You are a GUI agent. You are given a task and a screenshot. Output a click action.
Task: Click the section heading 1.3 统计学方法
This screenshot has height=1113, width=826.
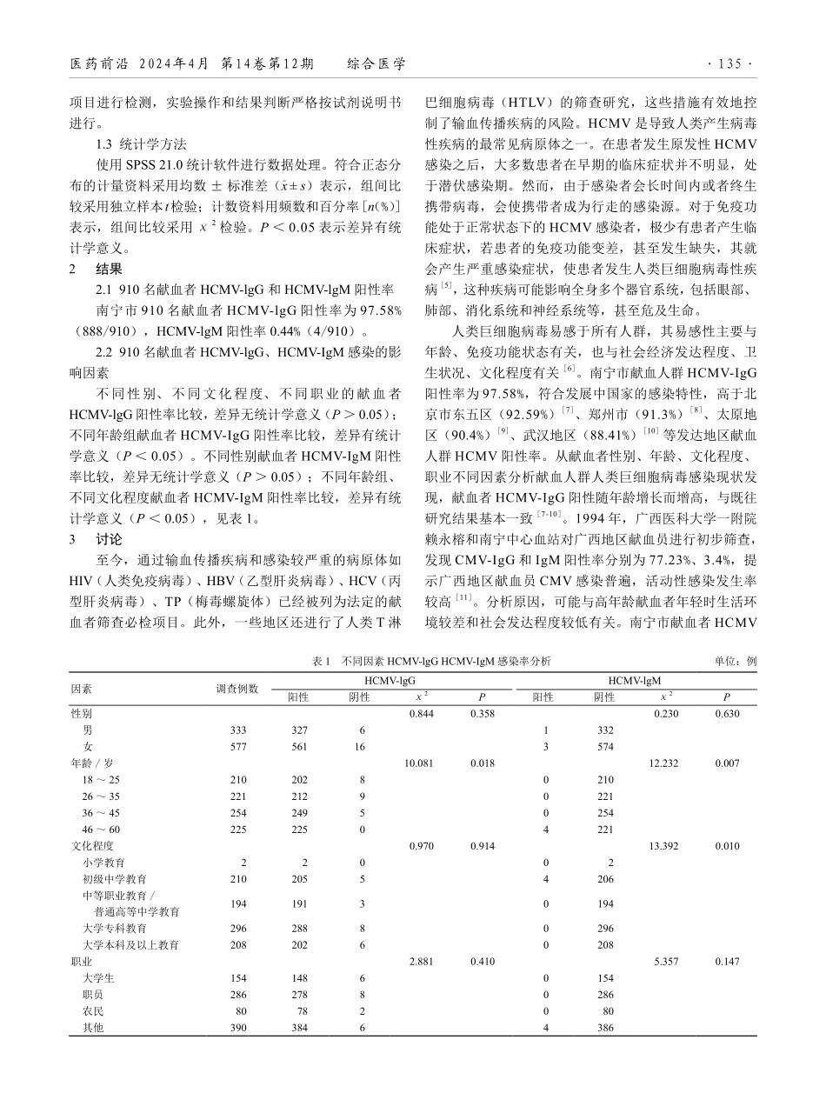point(142,144)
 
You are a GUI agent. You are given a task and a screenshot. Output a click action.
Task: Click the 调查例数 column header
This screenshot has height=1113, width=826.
point(237,689)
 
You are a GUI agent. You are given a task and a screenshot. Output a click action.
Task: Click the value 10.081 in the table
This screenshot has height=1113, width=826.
point(419,763)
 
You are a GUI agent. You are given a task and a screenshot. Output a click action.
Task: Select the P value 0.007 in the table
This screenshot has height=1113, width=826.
point(725,763)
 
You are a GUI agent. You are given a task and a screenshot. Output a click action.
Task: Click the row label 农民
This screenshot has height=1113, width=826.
point(93,1011)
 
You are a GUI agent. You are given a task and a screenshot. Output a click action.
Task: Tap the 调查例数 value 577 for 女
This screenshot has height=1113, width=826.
point(237,746)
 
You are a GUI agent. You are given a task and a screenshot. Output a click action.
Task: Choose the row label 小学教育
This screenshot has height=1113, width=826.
point(103,862)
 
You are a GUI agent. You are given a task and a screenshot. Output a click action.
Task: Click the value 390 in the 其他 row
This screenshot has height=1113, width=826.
point(237,1028)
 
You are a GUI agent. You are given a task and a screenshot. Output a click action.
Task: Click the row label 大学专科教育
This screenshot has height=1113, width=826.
point(114,929)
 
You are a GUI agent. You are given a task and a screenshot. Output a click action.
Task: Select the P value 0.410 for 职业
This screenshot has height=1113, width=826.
point(482,962)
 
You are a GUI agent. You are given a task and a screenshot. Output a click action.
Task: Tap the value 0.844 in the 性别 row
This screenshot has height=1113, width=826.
point(419,713)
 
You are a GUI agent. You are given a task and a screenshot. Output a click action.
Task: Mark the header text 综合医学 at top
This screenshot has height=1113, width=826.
point(376,64)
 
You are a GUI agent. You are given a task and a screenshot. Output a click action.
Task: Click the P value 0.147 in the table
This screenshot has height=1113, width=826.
point(725,962)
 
